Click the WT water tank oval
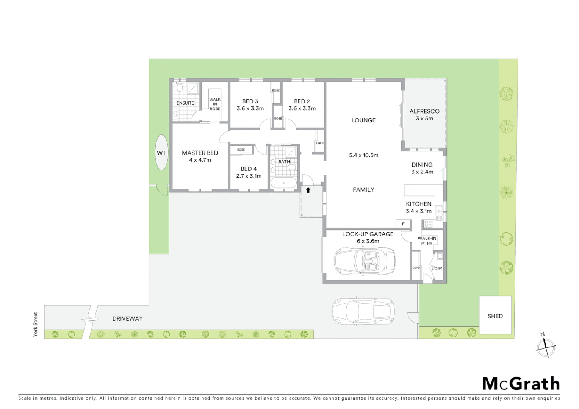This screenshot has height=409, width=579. tap(161, 153)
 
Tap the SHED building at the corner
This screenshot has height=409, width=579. tap(495, 315)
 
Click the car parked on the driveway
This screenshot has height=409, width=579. tap(363, 311)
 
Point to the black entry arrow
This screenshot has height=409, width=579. tap(308, 190)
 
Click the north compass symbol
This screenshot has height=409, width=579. tap(546, 346)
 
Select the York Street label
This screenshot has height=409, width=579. tap(36, 324)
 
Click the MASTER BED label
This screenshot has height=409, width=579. tap(200, 153)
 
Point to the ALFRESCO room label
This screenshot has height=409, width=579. tap(424, 111)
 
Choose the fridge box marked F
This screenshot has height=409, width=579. tap(403, 224)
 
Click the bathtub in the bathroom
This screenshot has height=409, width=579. tap(284, 183)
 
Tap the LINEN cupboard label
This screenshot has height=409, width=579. tap(319, 143)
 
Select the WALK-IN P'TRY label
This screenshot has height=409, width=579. tap(427, 241)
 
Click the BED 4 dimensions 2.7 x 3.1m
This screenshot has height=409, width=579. tap(249, 176)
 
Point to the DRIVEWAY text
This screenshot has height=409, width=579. tap(127, 318)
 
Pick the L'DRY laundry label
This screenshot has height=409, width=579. tap(437, 269)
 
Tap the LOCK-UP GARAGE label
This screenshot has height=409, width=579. tap(368, 234)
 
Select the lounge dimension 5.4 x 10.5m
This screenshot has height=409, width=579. tap(363, 155)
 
